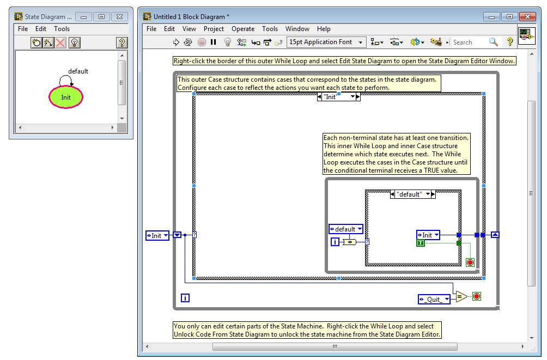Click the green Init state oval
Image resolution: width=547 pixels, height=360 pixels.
tap(66, 97)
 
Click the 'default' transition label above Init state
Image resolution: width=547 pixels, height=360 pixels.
tap(78, 71)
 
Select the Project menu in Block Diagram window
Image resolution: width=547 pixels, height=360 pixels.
tap(214, 29)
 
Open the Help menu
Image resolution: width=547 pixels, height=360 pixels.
tap(324, 29)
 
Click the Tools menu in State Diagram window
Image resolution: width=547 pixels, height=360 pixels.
tap(62, 29)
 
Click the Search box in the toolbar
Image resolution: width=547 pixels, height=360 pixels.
tap(470, 42)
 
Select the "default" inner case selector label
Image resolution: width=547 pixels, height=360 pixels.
tap(409, 194)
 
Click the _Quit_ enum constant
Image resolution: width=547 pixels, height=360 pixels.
tap(434, 299)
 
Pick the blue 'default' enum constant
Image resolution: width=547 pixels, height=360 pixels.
tap(345, 229)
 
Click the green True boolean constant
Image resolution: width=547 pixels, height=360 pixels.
tap(421, 243)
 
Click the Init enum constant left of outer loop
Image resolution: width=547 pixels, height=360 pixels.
tap(157, 235)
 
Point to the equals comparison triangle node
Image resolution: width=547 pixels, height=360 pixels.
tap(461, 297)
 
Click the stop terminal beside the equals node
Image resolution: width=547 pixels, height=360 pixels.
tap(476, 297)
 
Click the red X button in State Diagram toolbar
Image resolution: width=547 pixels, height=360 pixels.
tap(60, 42)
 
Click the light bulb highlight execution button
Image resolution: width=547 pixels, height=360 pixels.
tap(228, 42)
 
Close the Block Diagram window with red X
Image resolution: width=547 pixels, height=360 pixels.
tap(527, 17)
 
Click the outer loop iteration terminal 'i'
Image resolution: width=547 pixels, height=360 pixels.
tap(185, 298)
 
